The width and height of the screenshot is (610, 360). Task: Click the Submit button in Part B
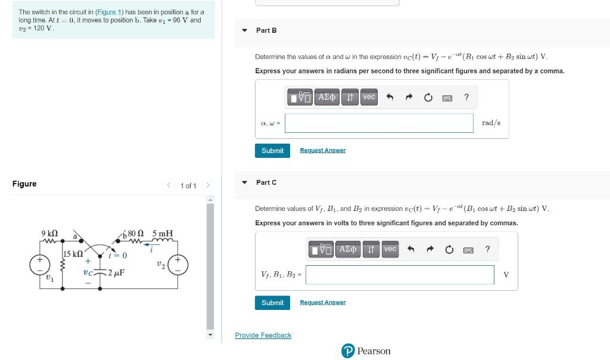point(272,151)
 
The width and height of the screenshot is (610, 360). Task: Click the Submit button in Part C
point(272,303)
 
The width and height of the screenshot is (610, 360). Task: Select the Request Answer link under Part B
point(322,151)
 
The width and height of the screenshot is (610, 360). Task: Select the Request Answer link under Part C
point(322,303)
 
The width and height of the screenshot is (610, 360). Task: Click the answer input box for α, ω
point(379,123)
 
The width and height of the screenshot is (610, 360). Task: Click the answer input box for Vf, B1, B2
point(400,275)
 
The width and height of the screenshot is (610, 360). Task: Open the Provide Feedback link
point(263,336)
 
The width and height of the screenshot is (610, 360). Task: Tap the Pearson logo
point(366,351)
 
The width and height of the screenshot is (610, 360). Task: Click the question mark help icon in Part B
point(466,97)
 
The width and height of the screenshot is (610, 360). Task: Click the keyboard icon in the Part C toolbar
point(468,249)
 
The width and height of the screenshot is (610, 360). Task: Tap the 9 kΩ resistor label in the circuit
point(49,232)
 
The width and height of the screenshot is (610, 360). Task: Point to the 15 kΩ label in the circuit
point(73,254)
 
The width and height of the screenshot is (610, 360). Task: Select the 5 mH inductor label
point(162,233)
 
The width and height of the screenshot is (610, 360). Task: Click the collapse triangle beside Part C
point(244,182)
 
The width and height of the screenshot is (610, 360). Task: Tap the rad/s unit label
point(491,123)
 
